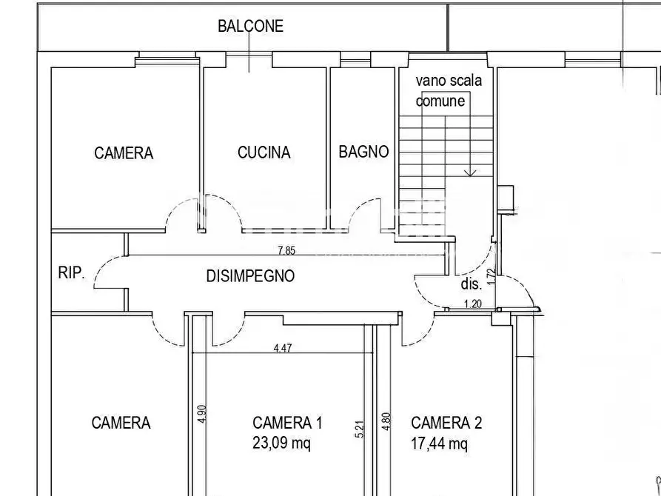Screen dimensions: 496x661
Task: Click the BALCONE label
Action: (250, 26)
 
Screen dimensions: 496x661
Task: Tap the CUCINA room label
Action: (264, 153)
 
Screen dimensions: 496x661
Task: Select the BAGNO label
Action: (363, 152)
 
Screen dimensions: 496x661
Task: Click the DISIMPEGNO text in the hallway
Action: (250, 276)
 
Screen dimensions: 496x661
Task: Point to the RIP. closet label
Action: (72, 272)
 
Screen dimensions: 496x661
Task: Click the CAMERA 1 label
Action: (287, 423)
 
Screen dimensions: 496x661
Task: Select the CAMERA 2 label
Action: (446, 423)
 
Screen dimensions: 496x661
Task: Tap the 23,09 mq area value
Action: (281, 443)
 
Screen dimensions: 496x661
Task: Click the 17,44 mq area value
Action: (440, 443)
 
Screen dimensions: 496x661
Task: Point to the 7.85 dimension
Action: (286, 251)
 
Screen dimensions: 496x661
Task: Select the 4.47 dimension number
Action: (282, 349)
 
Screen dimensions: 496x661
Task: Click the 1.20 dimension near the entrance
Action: (472, 304)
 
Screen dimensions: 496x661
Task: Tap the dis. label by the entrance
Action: (472, 283)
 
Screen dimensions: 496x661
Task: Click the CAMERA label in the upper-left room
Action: (124, 153)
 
